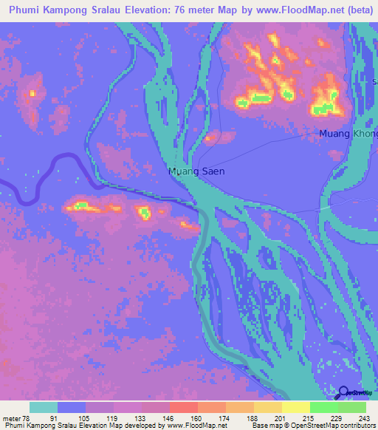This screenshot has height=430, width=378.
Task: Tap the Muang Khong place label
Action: click(348, 134)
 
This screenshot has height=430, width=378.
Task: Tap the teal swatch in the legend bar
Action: click(44, 407)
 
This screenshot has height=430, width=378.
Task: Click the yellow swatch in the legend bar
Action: click(295, 407)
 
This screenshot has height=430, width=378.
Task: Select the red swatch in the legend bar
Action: click(183, 407)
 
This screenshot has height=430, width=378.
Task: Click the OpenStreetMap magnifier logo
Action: click(342, 393)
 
